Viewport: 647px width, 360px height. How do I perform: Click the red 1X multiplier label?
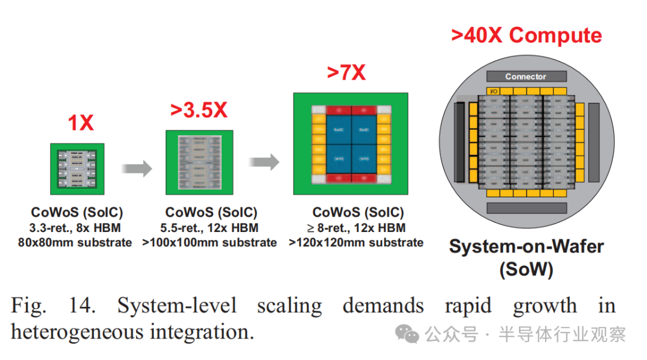pos(80,123)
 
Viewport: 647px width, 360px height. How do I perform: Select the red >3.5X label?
pos(199,110)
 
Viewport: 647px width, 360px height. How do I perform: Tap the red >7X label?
pos(346,73)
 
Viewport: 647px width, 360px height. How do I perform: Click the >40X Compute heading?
pos(526,35)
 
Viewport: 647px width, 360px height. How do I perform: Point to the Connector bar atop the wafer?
pos(525,77)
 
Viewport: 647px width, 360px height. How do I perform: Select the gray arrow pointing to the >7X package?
pos(264,161)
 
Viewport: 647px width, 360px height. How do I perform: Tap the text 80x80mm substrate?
pos(75,243)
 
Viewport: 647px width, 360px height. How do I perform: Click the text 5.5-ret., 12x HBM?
pos(211,228)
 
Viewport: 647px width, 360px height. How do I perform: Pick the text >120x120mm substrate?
pos(356,243)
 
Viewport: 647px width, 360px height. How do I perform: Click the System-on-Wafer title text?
pos(526,246)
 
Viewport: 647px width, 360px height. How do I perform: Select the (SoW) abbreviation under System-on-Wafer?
pos(526,269)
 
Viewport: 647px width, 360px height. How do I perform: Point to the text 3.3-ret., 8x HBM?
pos(75,228)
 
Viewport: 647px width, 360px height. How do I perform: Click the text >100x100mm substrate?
pos(210,243)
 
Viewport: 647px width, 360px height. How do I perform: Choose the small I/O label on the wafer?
pos(494,91)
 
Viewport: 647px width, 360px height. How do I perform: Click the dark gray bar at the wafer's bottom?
pos(525,208)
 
